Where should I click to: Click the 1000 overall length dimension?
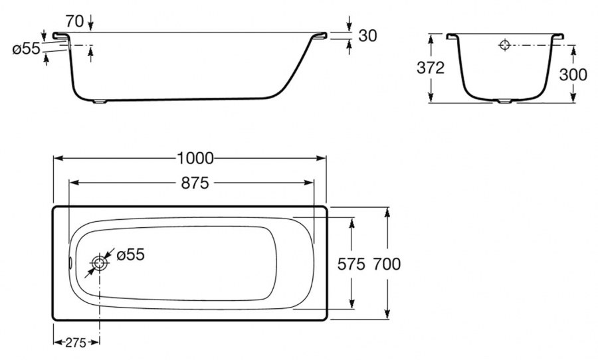(195, 158)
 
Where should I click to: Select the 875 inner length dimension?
(195, 183)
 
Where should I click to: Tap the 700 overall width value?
(387, 264)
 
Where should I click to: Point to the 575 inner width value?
(351, 264)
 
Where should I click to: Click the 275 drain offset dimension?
(76, 343)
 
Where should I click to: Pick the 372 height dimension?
(431, 68)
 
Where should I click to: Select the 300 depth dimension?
(573, 75)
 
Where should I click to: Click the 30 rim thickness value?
(367, 35)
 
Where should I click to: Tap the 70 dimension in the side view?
(74, 21)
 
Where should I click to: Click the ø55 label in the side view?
(26, 48)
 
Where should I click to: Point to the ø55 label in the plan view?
(131, 255)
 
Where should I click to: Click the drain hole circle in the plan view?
(100, 263)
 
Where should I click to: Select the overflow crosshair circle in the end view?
(504, 45)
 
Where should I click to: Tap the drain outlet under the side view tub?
(101, 102)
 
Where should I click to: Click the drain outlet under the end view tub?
(505, 102)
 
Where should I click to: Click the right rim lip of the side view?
(320, 35)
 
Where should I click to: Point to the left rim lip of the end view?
(452, 37)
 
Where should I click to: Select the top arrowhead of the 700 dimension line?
(387, 212)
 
